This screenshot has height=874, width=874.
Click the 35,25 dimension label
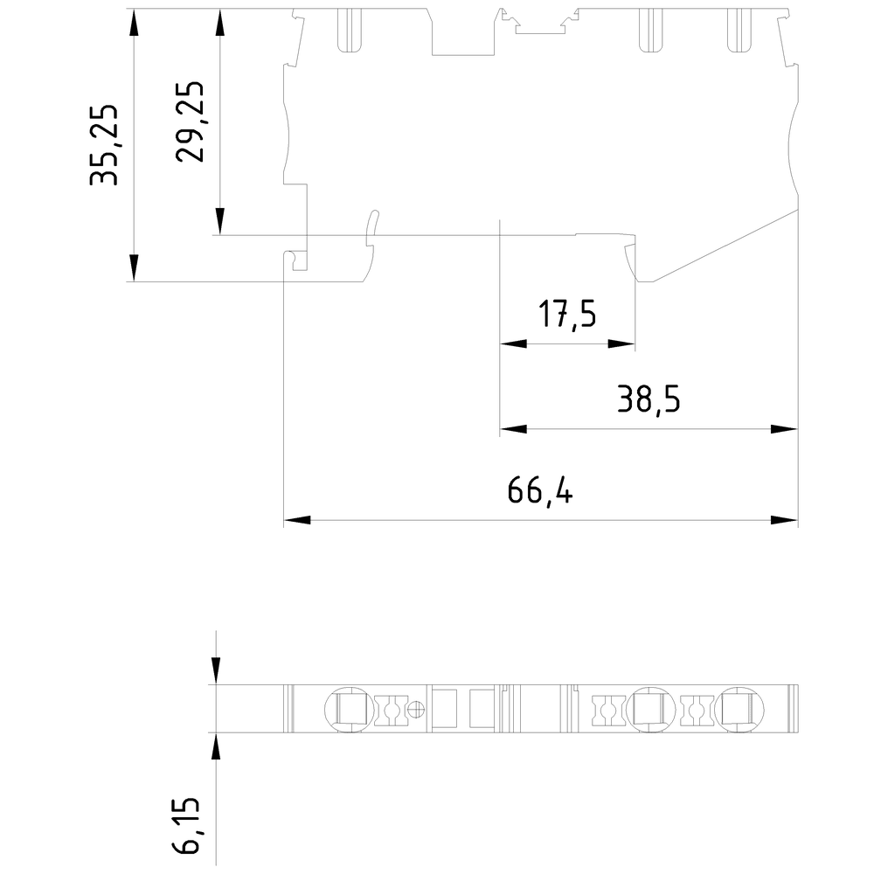point(106,146)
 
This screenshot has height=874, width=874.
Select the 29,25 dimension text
point(191,121)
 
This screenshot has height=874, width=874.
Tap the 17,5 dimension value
point(567,314)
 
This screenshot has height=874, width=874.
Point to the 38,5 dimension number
point(648,399)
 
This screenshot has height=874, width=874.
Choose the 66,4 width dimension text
point(541,492)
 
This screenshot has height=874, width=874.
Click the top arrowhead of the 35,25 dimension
point(134,23)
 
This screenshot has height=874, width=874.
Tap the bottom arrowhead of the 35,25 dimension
point(134,267)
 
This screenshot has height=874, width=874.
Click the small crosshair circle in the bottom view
point(417,708)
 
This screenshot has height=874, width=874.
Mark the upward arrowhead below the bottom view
point(216,745)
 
